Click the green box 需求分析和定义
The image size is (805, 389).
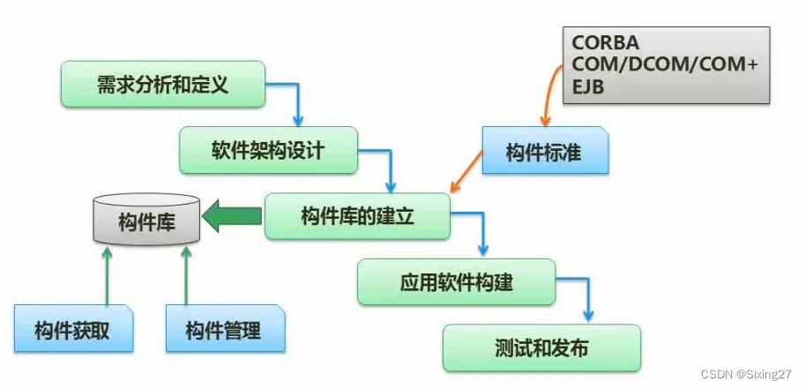(x=163, y=85)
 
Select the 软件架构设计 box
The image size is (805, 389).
(x=268, y=149)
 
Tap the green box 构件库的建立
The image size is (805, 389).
(x=357, y=216)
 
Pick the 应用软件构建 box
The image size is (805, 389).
(x=456, y=283)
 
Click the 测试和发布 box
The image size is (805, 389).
(x=540, y=348)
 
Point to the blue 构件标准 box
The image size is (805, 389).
(x=544, y=151)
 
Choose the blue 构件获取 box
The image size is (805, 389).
(x=72, y=331)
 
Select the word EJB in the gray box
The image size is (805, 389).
(x=588, y=86)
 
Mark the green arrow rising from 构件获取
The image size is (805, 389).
(x=107, y=273)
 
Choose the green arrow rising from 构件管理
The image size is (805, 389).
(x=186, y=273)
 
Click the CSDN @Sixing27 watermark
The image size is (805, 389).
(x=746, y=375)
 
